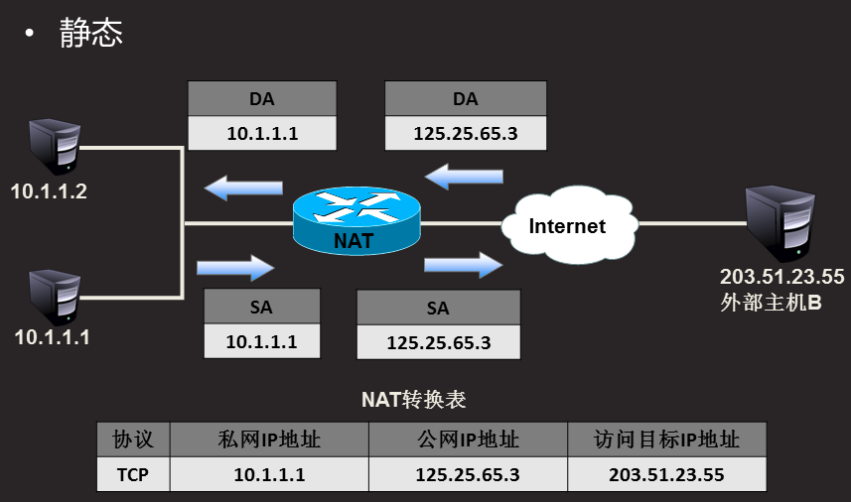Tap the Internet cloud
pos(566,226)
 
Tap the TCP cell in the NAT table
pos(133,474)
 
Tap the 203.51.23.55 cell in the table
pos(666,474)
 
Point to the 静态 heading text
pos(90,34)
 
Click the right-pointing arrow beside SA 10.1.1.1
pos(235,266)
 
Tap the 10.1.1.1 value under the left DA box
pos(262,133)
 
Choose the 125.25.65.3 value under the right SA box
pos(438,342)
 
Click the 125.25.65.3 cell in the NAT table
pos(468,474)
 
